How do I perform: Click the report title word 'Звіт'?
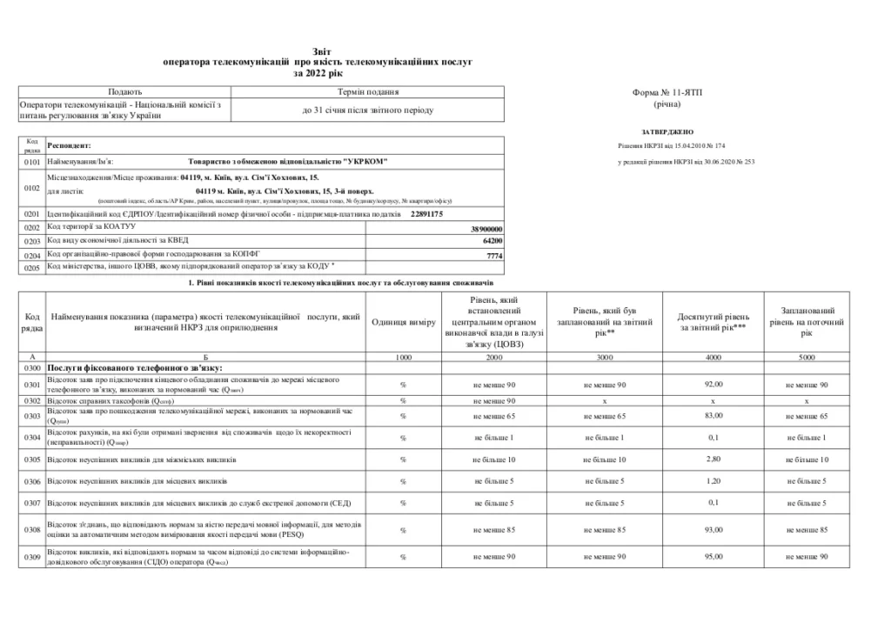point(319,52)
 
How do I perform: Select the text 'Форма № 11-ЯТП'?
point(667,91)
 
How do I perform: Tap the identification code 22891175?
point(425,213)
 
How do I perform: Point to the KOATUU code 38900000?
point(486,228)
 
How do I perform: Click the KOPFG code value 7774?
point(494,256)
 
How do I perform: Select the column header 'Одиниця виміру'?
point(403,323)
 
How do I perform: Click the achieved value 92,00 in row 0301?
point(713,385)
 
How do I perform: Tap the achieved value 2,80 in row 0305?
point(713,459)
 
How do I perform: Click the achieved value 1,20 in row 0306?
point(713,481)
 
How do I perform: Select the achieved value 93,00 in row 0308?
point(713,530)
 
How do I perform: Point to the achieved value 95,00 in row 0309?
point(713,556)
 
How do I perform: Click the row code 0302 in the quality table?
point(32,401)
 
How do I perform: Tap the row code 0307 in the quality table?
point(32,504)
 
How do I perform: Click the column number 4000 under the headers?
point(713,358)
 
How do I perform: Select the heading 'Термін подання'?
point(367,91)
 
